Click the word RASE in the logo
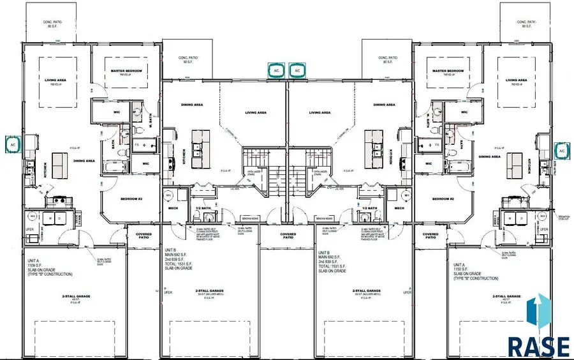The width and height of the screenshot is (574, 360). [538, 345]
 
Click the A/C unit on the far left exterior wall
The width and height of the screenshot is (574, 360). [13, 145]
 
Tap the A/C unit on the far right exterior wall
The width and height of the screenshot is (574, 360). [561, 150]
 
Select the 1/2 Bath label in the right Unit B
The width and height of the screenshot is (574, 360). [370, 208]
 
